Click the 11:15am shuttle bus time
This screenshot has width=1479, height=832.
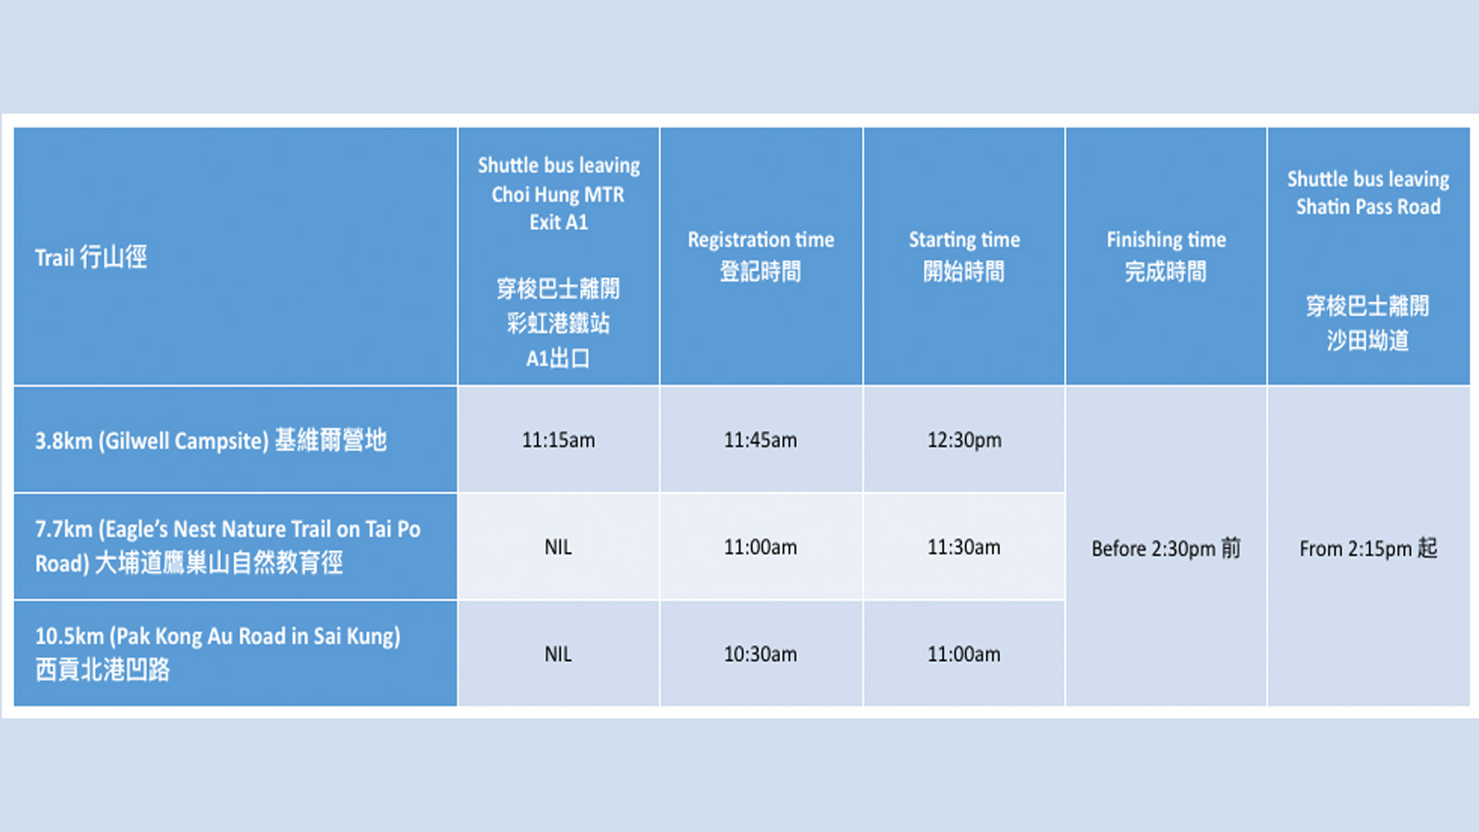click(558, 440)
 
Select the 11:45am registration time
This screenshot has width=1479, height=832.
click(761, 440)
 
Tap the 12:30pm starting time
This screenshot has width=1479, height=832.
click(964, 440)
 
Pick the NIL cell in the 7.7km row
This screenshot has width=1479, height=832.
click(558, 547)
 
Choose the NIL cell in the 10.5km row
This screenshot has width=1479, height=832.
click(558, 655)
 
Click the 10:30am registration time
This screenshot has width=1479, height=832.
click(761, 655)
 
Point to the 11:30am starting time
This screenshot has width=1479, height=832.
click(964, 547)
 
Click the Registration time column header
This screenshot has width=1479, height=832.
click(761, 255)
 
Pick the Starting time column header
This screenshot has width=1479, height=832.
click(964, 255)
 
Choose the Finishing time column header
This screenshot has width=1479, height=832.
click(1166, 255)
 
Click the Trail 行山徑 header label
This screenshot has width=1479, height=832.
click(92, 257)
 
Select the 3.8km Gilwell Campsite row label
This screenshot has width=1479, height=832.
click(211, 440)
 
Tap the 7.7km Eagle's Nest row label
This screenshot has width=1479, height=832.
click(227, 546)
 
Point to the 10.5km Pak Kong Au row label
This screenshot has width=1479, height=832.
click(218, 653)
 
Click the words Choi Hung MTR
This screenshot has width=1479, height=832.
click(558, 195)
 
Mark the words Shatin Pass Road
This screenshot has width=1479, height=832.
click(1368, 207)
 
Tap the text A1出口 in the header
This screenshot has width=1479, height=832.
click(558, 359)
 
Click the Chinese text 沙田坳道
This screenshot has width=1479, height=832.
click(1368, 341)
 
